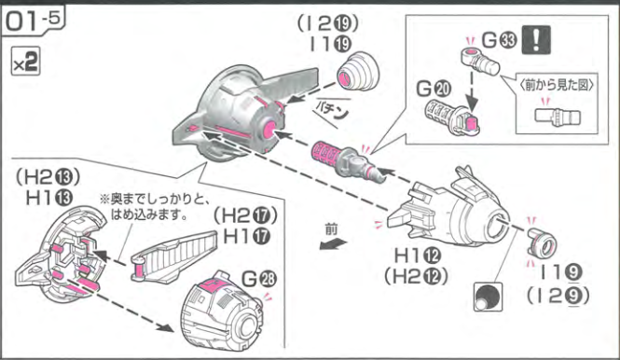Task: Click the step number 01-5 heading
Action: pos(34,21)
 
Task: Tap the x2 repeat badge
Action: pos(26,62)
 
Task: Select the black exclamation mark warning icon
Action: pos(536,39)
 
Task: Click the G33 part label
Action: pos(499,40)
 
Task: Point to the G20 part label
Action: pos(434,89)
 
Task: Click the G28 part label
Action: pos(259,279)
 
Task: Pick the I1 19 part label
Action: pos(330,45)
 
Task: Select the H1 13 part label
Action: pos(49,198)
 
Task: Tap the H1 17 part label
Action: pos(247,237)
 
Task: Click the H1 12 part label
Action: pos(418,256)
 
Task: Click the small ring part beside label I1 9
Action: pos(542,242)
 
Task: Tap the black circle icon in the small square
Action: pos(488,297)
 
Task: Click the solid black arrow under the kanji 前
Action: pos(333,244)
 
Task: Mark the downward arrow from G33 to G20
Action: pos(472,90)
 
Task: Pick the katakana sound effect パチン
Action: pos(332,110)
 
